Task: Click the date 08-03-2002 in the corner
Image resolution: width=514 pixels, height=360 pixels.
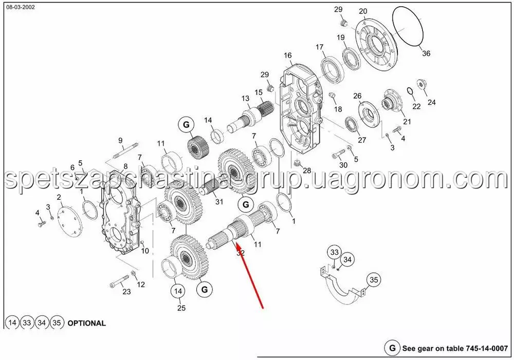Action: click(21, 7)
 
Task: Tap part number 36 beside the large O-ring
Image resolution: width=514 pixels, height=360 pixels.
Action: click(426, 53)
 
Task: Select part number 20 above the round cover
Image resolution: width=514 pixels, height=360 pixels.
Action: click(363, 11)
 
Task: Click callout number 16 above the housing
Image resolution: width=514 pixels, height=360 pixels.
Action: click(287, 55)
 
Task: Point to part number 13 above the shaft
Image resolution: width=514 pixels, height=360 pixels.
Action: click(246, 98)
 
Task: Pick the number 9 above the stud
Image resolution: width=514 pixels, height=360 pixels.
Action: click(120, 140)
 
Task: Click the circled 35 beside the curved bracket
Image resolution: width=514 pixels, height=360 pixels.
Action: click(374, 280)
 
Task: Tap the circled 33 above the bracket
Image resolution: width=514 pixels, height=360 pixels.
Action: click(334, 252)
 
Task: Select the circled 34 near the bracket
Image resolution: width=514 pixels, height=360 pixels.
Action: click(347, 260)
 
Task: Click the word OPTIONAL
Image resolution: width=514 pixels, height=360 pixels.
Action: click(86, 323)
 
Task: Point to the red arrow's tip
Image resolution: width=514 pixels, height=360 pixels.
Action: click(236, 243)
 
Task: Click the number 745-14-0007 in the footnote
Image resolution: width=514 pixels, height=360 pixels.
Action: click(486, 348)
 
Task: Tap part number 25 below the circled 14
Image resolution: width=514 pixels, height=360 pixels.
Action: click(181, 308)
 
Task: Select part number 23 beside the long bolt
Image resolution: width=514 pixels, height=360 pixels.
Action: click(126, 292)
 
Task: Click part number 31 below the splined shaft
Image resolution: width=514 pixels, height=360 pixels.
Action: click(219, 202)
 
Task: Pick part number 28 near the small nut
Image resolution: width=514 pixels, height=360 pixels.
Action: click(307, 170)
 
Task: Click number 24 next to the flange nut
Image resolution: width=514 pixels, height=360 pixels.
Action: click(431, 102)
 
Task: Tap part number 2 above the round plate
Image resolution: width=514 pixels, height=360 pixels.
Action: click(59, 197)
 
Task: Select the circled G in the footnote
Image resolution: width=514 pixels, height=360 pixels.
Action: click(392, 348)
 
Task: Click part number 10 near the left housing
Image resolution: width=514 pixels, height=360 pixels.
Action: click(145, 251)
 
